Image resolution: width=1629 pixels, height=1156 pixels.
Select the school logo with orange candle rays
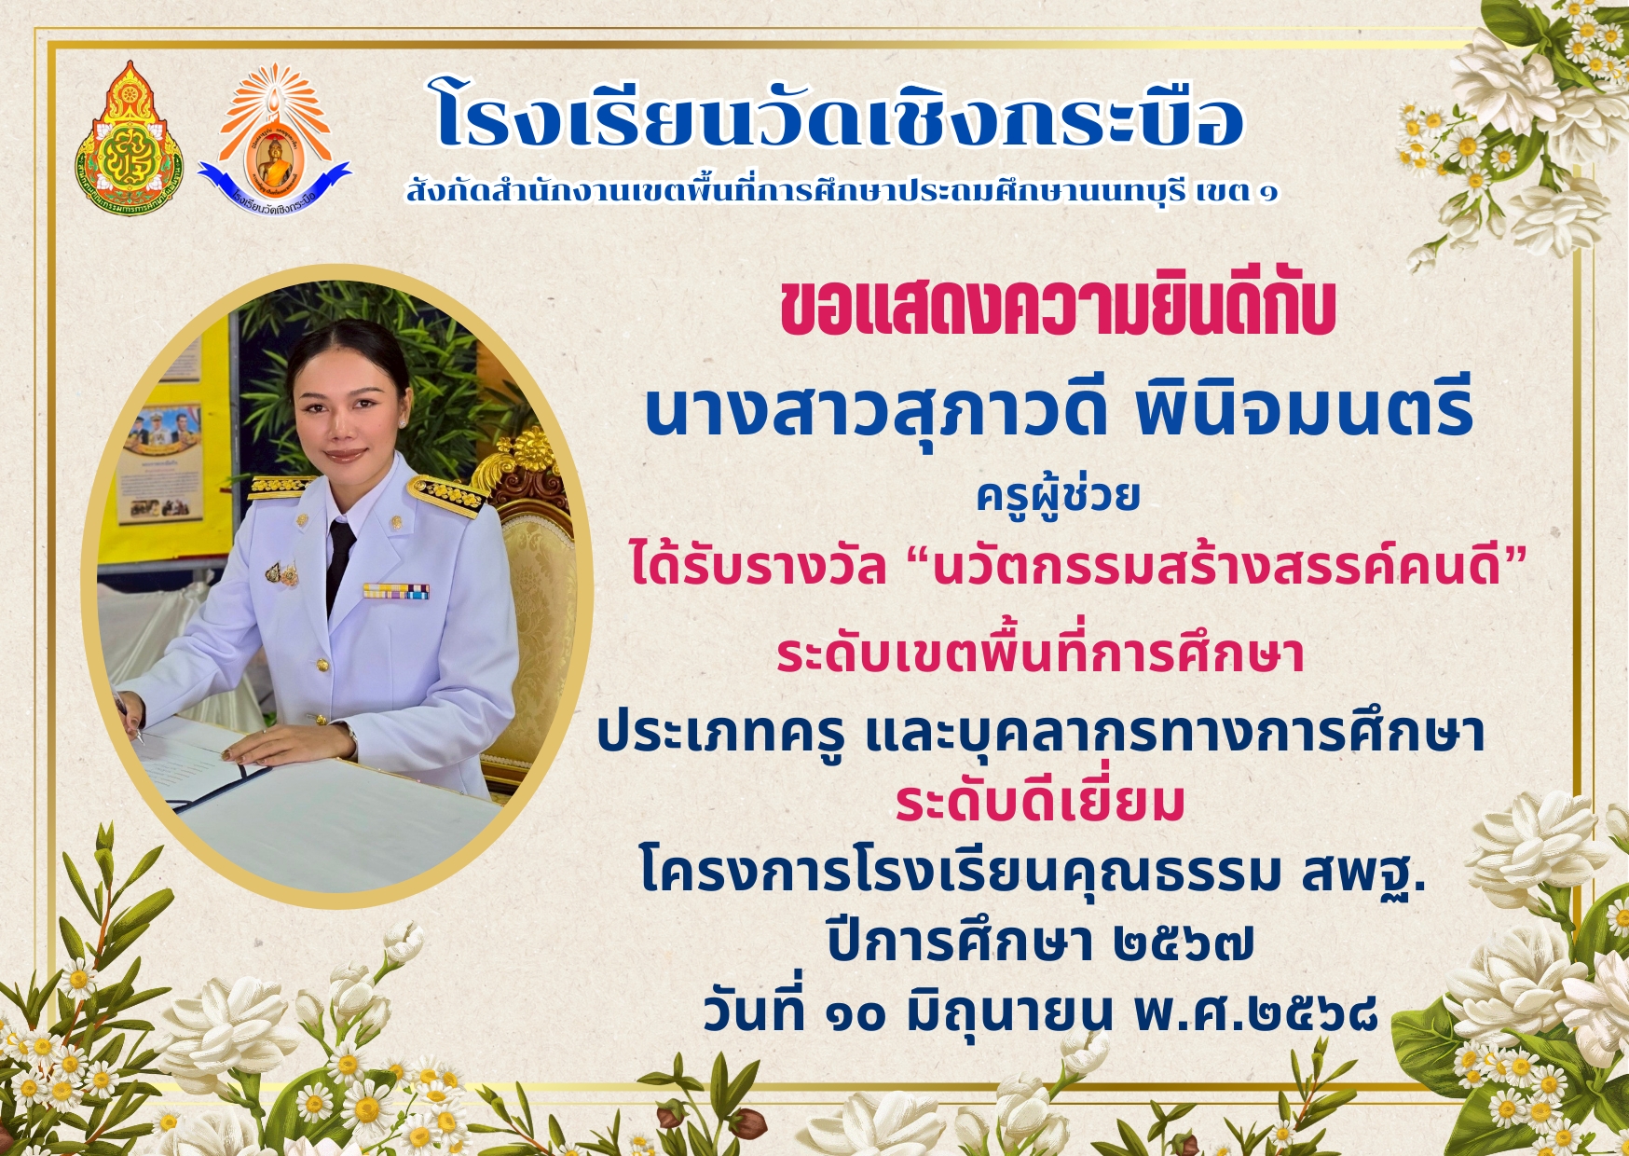coord(274,138)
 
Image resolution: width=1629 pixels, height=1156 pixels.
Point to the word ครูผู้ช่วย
coord(1058,494)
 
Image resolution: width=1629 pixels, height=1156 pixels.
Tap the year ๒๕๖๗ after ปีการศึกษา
coord(1184,943)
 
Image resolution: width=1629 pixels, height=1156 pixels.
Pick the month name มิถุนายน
coord(1009,1012)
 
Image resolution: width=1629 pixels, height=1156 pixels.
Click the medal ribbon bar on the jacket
coord(396,590)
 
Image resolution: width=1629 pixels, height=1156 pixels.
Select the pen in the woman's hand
coord(129,718)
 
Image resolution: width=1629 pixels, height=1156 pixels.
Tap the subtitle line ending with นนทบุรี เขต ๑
coord(842,191)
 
